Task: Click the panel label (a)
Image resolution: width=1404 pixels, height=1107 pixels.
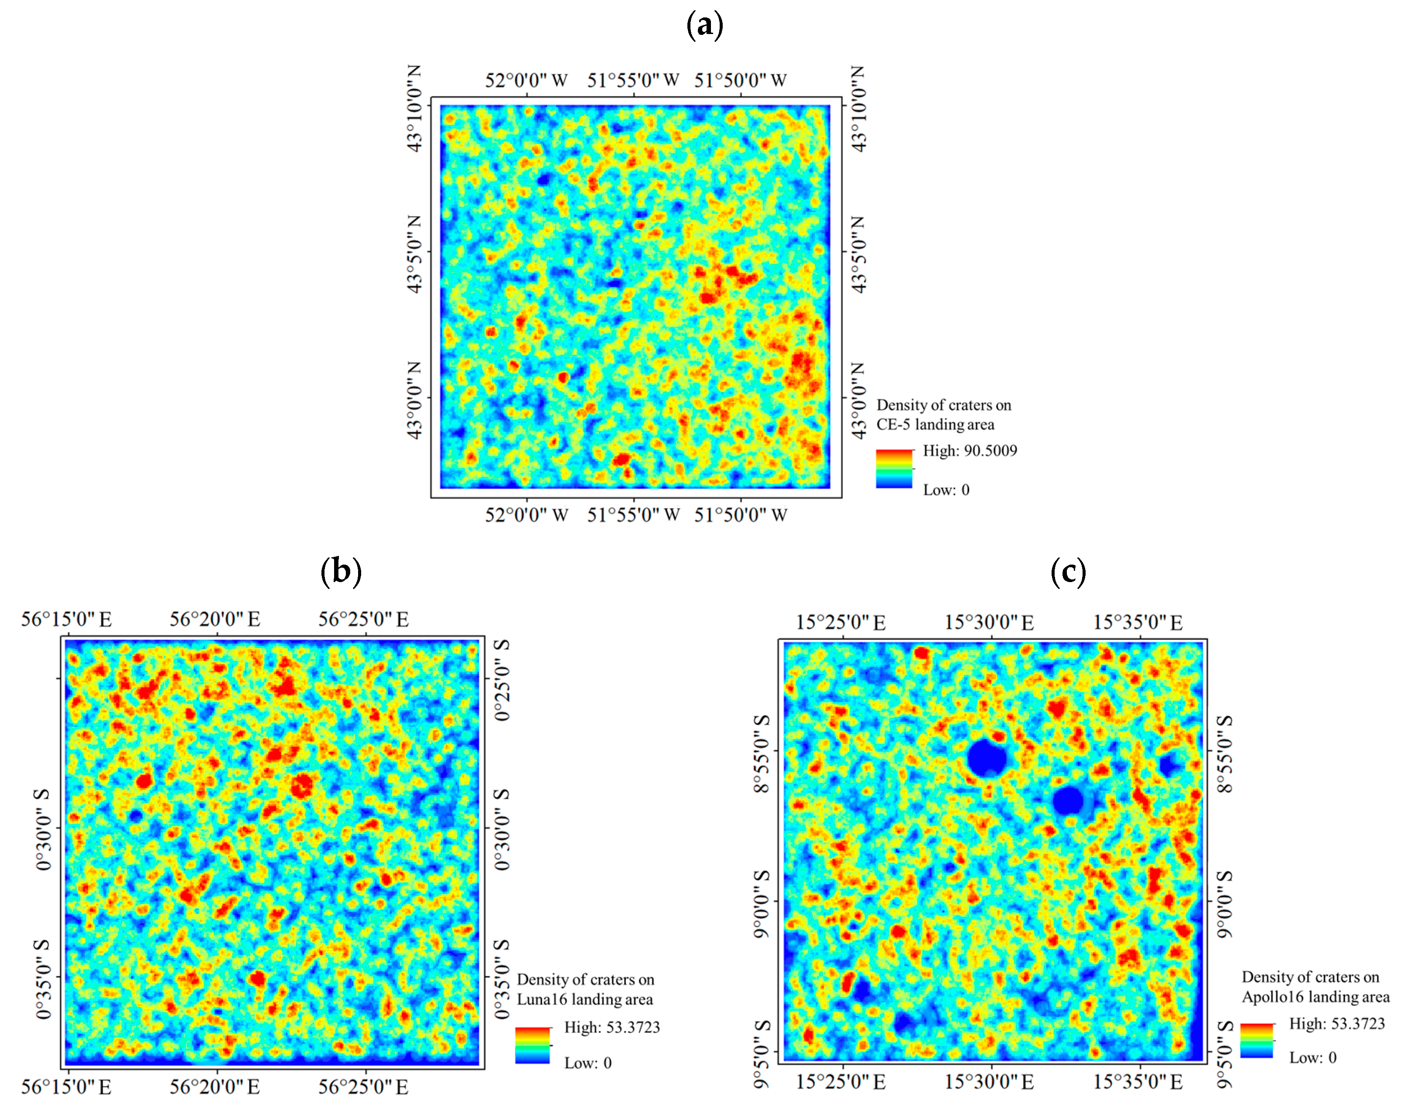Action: (x=704, y=25)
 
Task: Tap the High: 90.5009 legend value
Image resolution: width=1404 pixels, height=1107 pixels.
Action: (x=969, y=450)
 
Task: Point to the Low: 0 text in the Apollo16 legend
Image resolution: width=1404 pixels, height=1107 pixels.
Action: (x=1312, y=1057)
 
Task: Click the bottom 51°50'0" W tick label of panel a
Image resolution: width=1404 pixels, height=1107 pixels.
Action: (x=740, y=515)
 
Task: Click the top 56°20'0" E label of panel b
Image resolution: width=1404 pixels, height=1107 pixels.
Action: (x=215, y=619)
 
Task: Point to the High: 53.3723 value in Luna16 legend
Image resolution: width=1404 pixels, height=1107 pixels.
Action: (x=611, y=1027)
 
